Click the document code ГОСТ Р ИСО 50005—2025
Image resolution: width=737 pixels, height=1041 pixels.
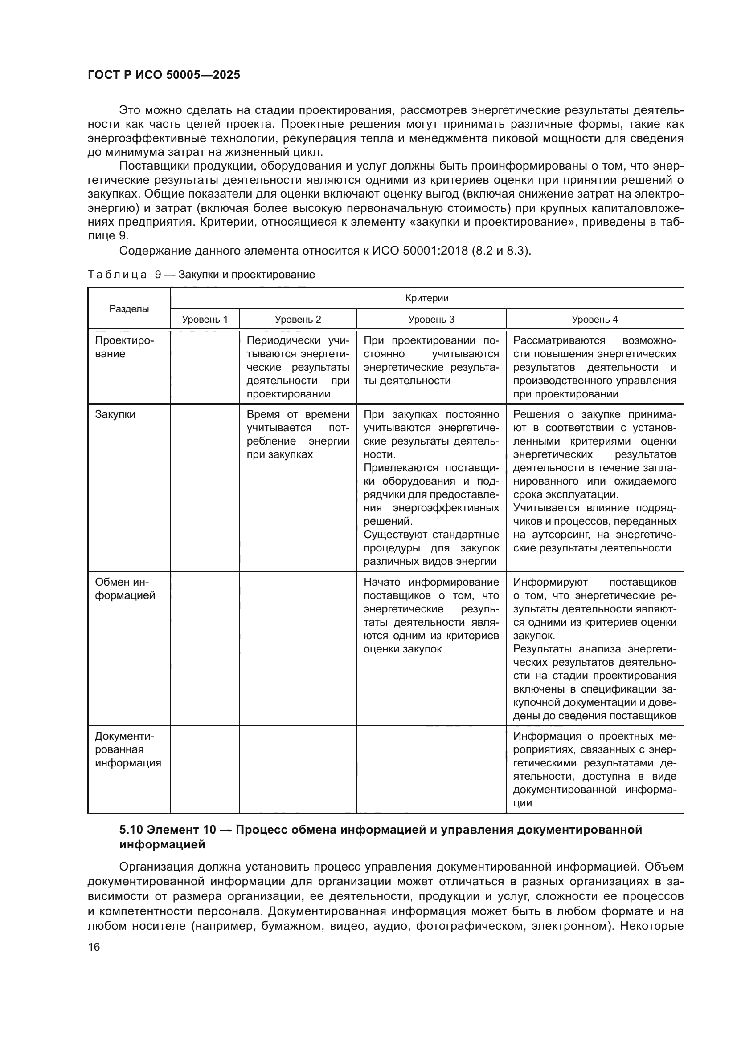click(164, 75)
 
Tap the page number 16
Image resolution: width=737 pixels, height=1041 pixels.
click(94, 947)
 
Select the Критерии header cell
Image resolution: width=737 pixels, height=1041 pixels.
click(426, 298)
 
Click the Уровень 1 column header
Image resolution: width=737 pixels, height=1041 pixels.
click(205, 319)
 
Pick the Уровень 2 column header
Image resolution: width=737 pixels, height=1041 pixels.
click(298, 319)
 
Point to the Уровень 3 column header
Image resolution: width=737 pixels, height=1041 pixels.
click(431, 319)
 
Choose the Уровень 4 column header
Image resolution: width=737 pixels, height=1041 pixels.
click(594, 319)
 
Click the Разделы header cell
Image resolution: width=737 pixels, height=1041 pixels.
click(129, 309)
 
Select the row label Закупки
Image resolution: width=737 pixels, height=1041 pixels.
click(115, 414)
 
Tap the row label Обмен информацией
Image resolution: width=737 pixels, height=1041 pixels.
click(125, 588)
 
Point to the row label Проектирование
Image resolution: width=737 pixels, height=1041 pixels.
click(124, 347)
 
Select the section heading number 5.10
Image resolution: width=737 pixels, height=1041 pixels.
click(131, 830)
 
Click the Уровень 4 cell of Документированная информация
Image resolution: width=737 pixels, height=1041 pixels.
click(594, 770)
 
